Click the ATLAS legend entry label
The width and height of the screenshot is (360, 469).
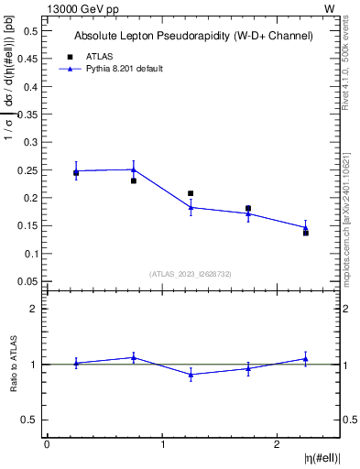[x=99, y=56]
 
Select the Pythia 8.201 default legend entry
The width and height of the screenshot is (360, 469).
[x=125, y=69]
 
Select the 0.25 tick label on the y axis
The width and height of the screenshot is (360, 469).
[x=27, y=169]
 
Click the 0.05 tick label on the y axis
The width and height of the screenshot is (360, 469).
[x=27, y=281]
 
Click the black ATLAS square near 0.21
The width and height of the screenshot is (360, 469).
[x=191, y=194]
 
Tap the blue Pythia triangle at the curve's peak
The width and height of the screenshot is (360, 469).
[x=134, y=169]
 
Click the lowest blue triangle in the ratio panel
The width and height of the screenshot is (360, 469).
[x=191, y=375]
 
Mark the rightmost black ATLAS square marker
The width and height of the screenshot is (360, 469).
[x=306, y=233]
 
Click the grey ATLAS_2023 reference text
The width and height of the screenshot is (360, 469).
[x=191, y=273]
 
